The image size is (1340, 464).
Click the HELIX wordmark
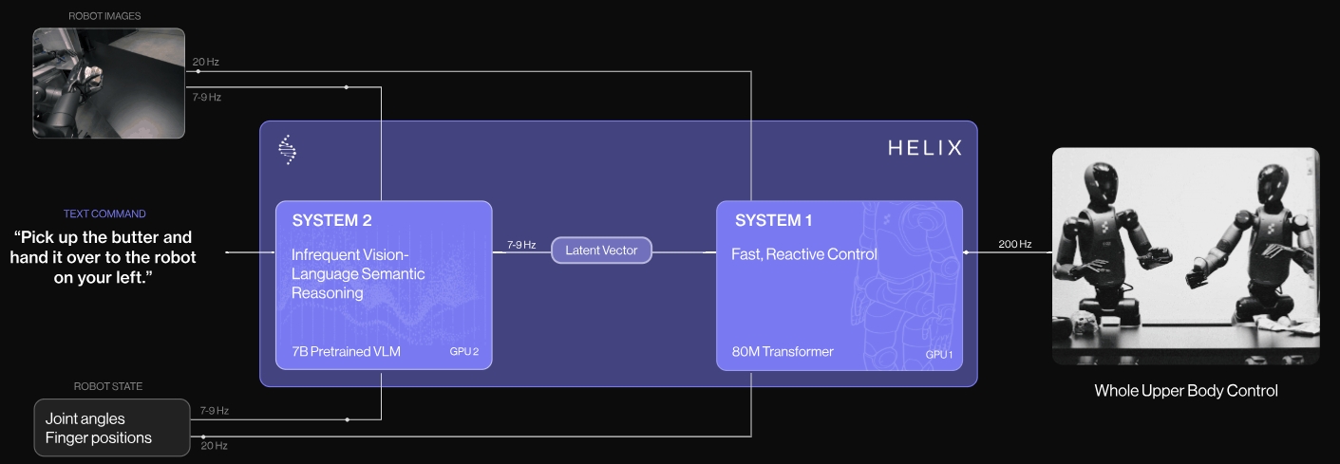(924, 148)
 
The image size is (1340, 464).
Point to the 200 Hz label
(1014, 244)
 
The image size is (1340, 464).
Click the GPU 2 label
(463, 352)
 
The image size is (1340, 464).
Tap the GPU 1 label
(939, 354)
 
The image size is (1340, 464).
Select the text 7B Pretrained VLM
(346, 352)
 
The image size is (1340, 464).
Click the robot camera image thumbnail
(108, 84)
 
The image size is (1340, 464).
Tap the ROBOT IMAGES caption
(104, 15)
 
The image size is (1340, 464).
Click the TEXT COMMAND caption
(104, 213)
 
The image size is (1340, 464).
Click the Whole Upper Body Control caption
(1185, 390)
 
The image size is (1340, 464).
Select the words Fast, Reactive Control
(803, 254)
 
